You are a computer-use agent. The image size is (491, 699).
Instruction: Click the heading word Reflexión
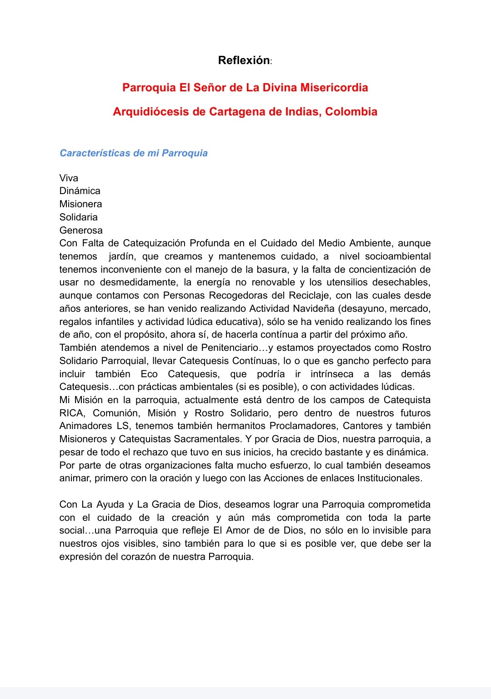[x=244, y=60]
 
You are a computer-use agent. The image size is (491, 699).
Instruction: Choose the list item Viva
[x=69, y=178]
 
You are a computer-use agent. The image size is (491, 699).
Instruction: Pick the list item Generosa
[x=81, y=230]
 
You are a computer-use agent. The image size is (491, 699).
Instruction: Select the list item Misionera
[x=80, y=204]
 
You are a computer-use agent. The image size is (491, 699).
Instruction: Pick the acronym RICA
[x=71, y=413]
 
